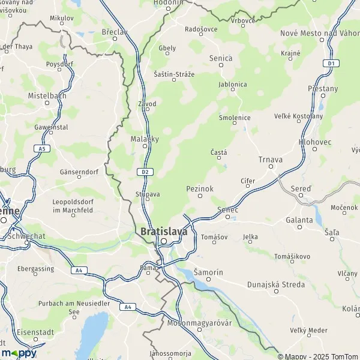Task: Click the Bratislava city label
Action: tap(163, 231)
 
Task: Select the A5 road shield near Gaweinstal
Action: tap(41, 148)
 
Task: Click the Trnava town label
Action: tap(270, 160)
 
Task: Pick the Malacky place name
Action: tap(145, 139)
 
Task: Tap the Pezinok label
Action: tap(200, 188)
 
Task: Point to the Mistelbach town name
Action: tap(47, 95)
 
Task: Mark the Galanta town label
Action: tap(299, 220)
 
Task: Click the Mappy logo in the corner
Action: tap(18, 353)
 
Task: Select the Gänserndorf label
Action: tap(79, 172)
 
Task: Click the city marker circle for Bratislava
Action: tap(163, 242)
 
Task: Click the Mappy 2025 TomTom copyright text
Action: tap(318, 355)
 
